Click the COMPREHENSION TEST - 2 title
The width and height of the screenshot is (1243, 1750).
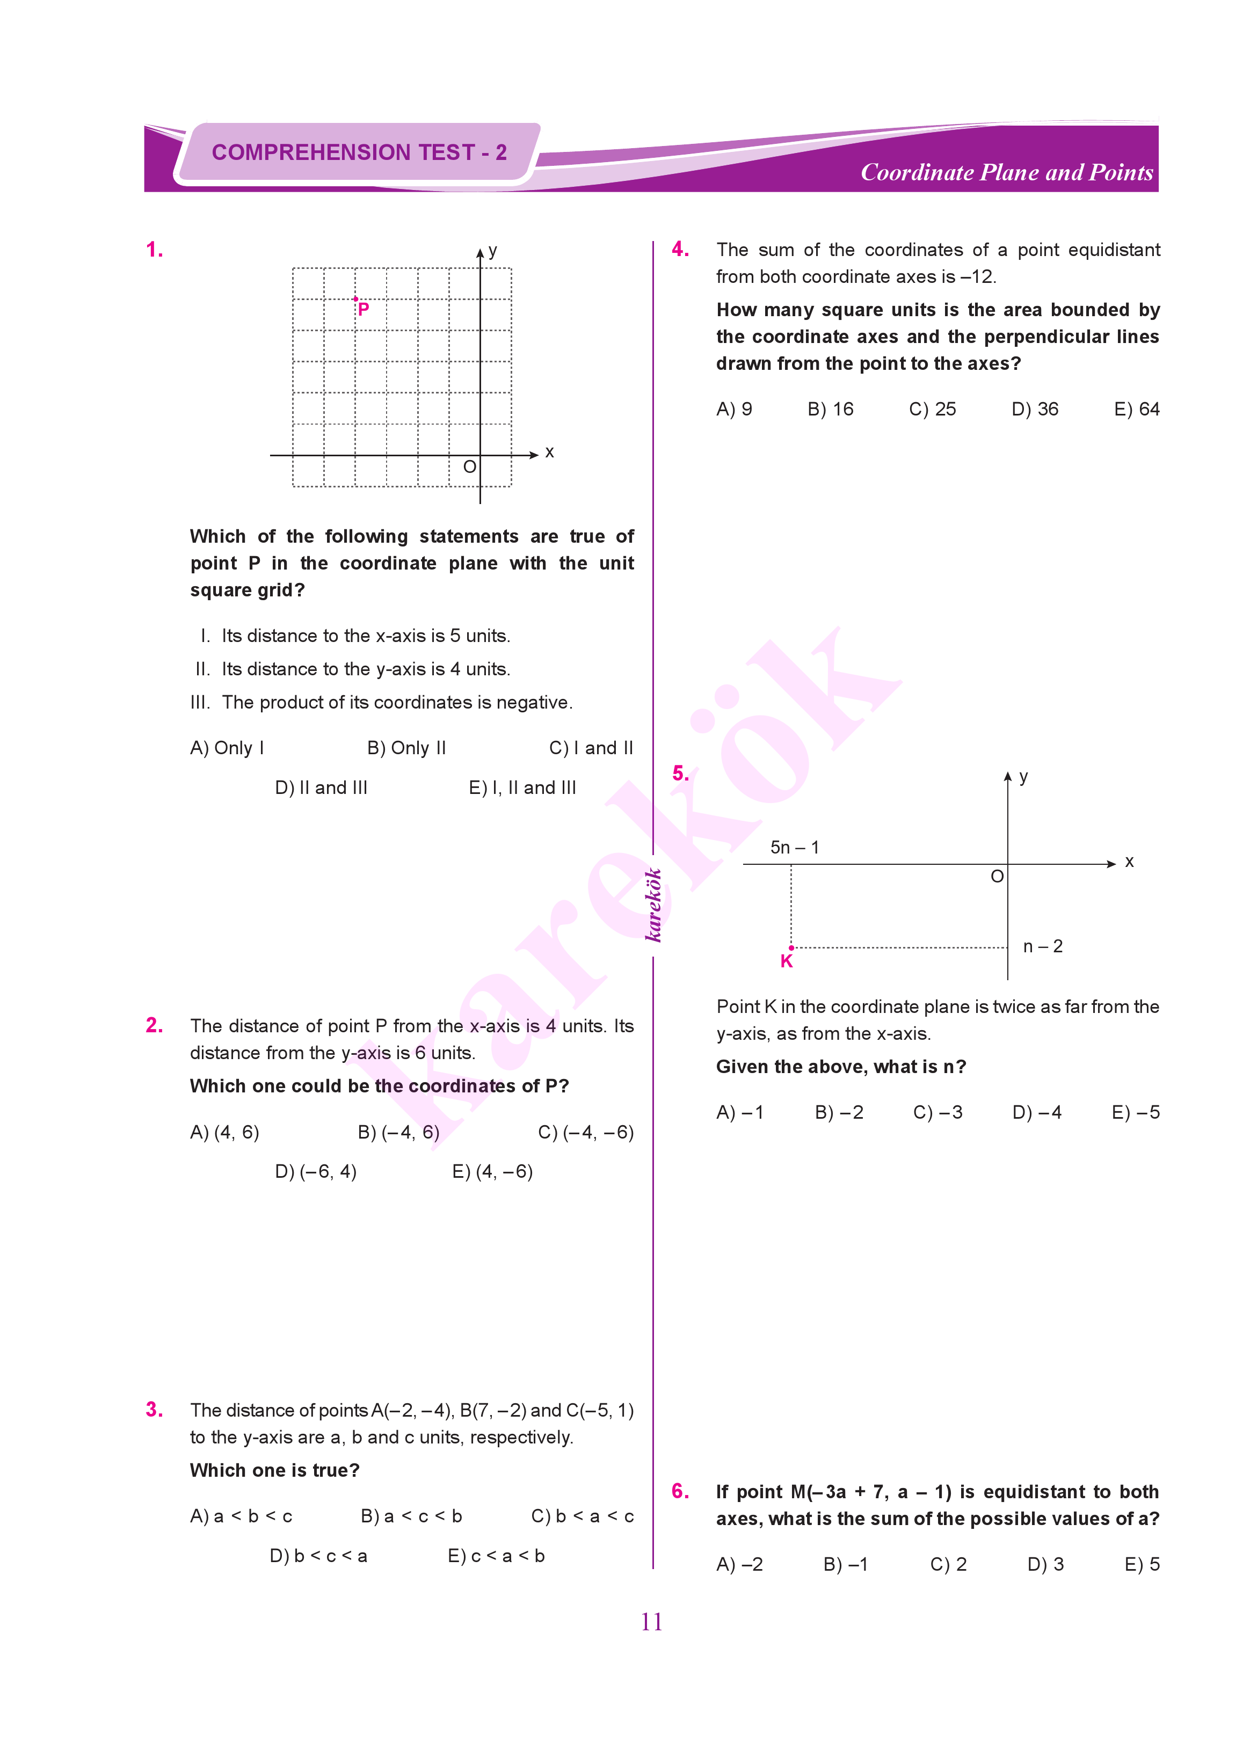359,152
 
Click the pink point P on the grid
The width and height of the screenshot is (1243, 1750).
356,299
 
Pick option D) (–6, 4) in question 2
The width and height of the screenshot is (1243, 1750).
315,1171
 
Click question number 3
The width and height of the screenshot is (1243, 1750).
154,1410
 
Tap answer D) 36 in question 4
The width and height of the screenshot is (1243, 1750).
1034,410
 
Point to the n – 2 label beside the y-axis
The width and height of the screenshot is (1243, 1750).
1043,946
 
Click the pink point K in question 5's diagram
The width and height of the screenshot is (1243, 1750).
791,948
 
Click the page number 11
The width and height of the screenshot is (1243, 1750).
651,1622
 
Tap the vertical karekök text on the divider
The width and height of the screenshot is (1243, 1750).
653,905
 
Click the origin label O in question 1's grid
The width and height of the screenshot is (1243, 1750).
469,467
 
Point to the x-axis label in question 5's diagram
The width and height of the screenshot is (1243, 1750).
1129,862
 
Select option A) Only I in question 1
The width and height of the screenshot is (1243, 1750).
227,748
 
